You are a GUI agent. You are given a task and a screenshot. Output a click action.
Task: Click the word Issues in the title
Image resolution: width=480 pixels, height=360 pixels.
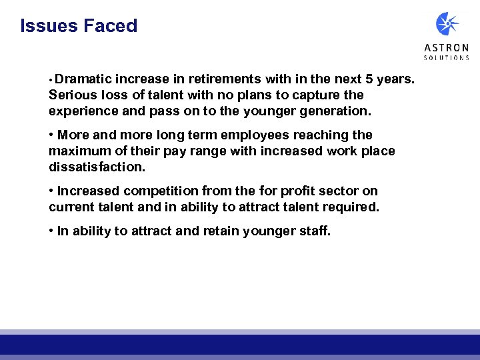[49, 26]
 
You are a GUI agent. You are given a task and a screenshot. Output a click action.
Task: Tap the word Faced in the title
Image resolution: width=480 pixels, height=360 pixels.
[110, 26]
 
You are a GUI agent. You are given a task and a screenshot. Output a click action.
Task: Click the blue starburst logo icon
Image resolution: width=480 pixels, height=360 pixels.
[447, 24]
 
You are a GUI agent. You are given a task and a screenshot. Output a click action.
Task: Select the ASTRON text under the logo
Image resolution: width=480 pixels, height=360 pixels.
[447, 48]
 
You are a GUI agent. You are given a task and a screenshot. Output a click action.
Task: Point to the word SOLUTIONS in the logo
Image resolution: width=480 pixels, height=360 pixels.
[447, 58]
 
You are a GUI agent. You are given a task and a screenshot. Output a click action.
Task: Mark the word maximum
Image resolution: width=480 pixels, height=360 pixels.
[78, 151]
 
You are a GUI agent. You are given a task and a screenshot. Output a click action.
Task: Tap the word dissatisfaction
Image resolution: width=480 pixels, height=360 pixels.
[96, 167]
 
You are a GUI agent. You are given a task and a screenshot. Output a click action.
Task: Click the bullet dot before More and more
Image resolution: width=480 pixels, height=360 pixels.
[51, 135]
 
